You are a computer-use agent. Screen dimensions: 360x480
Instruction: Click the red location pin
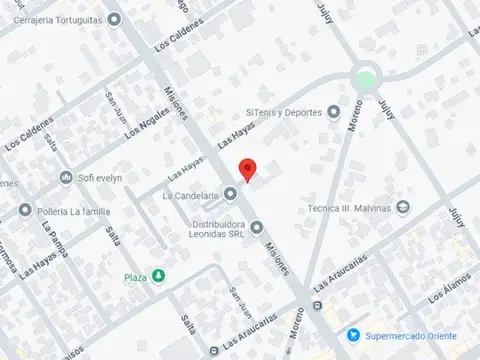click(247, 170)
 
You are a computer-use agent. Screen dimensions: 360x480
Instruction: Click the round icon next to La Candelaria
click(230, 195)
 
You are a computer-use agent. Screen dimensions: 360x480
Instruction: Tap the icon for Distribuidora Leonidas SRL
click(257, 226)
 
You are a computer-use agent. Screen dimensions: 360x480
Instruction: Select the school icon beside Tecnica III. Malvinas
click(402, 208)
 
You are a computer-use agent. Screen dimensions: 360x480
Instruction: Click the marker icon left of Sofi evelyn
click(67, 179)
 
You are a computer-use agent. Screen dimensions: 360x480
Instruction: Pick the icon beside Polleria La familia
click(25, 210)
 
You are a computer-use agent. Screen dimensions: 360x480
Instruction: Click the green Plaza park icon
click(158, 275)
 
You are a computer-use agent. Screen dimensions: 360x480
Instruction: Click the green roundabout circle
click(367, 80)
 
